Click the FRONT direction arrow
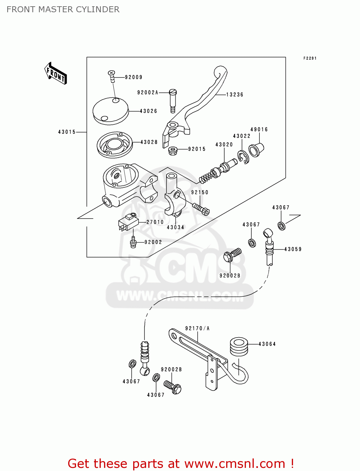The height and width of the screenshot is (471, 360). click(x=56, y=73)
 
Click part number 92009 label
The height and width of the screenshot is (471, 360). click(x=134, y=77)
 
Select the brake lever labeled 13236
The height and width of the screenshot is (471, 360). click(x=201, y=100)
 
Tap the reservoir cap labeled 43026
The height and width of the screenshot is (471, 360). click(x=111, y=111)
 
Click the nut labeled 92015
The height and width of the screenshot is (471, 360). click(x=172, y=151)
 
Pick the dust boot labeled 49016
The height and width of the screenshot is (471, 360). click(x=256, y=150)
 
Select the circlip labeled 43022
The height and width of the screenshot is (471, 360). click(x=243, y=157)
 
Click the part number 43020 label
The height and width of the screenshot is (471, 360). click(x=224, y=145)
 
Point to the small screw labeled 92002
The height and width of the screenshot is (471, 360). click(x=133, y=243)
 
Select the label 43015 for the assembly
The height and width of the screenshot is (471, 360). click(x=67, y=132)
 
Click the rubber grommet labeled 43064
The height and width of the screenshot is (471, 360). click(x=239, y=346)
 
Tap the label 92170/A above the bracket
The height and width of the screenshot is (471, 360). click(x=197, y=328)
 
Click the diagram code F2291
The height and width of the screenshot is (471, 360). click(x=310, y=58)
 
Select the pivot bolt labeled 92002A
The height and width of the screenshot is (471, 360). click(x=173, y=100)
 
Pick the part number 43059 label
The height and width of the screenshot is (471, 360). click(x=293, y=249)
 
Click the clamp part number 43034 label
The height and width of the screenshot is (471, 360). click(x=175, y=227)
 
